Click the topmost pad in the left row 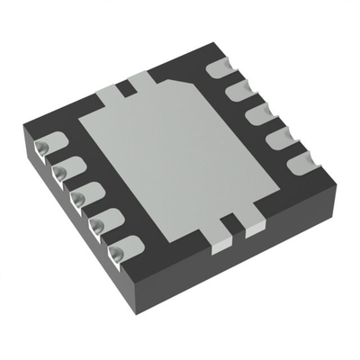tap(47, 147)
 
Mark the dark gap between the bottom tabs tap(236, 223)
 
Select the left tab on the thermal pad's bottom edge tap(220, 229)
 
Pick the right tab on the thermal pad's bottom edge tap(253, 220)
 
